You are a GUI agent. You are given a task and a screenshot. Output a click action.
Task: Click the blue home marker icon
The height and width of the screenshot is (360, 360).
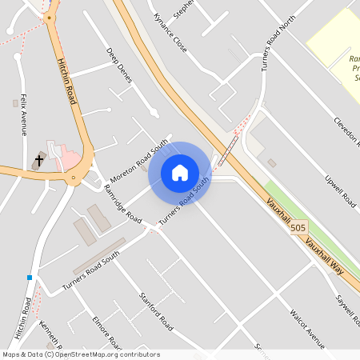click(x=180, y=172)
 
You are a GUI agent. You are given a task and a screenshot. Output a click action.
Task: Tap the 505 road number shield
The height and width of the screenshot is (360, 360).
click(x=298, y=228)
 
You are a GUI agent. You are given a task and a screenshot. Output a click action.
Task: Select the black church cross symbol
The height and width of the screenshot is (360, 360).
click(x=38, y=161)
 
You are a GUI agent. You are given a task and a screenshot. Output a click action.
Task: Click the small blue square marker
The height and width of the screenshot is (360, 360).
click(x=30, y=278)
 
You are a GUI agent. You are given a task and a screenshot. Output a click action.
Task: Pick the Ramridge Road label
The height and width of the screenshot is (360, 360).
click(x=122, y=203)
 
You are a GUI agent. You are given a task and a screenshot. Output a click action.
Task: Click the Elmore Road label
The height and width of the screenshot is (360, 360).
click(x=106, y=333)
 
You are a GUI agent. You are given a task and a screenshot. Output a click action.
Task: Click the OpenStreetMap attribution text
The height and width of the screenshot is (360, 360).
click(x=80, y=354)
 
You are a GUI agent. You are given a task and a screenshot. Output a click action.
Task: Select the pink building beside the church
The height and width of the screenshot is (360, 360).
click(x=70, y=158)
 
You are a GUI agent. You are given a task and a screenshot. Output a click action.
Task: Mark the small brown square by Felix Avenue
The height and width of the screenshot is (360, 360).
click(x=15, y=103)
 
